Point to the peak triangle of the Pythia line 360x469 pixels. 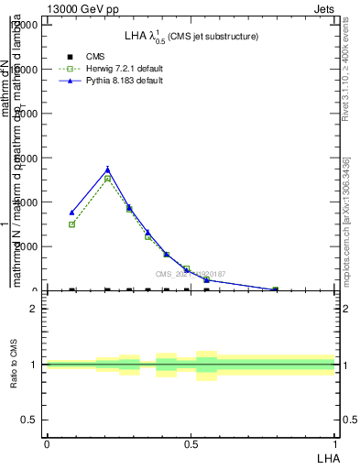(108, 169)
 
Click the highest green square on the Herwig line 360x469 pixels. (108, 179)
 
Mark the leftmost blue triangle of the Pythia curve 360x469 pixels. (71, 213)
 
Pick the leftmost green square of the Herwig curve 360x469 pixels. (71, 224)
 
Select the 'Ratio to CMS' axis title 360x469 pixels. (14, 365)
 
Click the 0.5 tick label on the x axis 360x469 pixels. (191, 443)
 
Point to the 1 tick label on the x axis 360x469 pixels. (334, 443)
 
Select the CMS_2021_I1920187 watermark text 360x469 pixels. (190, 274)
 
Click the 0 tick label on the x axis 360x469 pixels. (47, 443)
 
